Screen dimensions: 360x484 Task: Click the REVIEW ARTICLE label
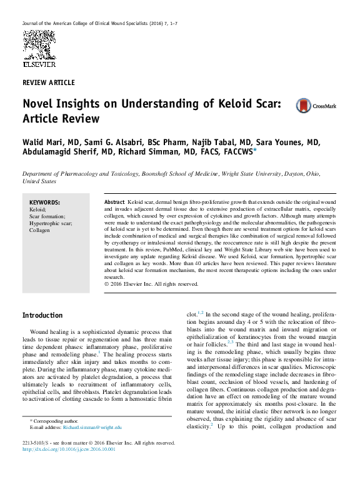48,83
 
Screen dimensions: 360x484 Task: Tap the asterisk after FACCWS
254,150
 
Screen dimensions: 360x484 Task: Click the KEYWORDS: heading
45,203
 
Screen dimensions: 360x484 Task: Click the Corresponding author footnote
54,421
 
